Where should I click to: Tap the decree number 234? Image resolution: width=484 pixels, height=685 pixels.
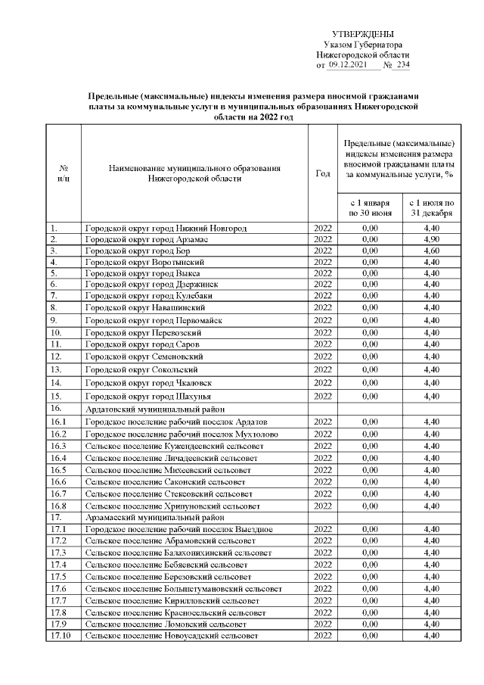point(402,67)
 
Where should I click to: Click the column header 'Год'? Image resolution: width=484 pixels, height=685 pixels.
point(322,173)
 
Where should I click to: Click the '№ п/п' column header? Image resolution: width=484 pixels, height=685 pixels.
point(64,173)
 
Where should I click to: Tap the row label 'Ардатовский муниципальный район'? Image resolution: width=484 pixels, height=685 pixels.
point(148,409)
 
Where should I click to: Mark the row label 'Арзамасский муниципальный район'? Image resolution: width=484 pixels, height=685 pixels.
point(148,518)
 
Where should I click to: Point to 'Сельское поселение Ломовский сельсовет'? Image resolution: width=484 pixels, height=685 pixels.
point(166,624)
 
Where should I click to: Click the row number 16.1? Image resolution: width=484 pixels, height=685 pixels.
point(58,422)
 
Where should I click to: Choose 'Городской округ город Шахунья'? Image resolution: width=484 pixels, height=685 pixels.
point(147,396)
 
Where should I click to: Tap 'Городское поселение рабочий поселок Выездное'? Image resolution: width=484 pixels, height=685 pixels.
point(179,529)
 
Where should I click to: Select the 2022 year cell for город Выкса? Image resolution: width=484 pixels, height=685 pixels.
point(322,273)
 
